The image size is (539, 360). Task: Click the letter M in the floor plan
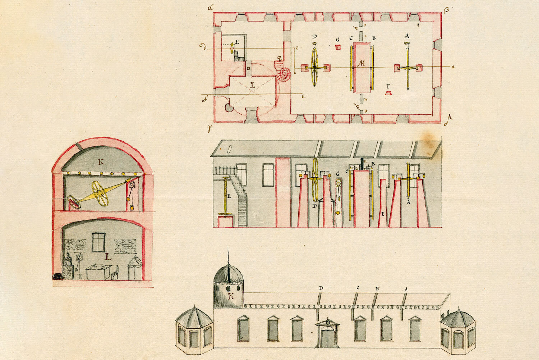pos(362,64)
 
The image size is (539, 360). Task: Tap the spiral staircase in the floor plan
pos(285,73)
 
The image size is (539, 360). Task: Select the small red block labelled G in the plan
pos(338,47)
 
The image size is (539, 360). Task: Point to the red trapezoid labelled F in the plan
pos(388,93)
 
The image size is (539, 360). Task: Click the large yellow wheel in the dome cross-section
pos(100,193)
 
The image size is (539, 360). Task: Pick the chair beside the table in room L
pos(115,273)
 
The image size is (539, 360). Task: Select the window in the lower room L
pos(98,242)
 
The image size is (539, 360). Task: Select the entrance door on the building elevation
pos(327,336)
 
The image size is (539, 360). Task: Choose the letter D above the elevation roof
pos(321,288)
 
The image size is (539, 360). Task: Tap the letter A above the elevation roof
pos(406,288)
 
